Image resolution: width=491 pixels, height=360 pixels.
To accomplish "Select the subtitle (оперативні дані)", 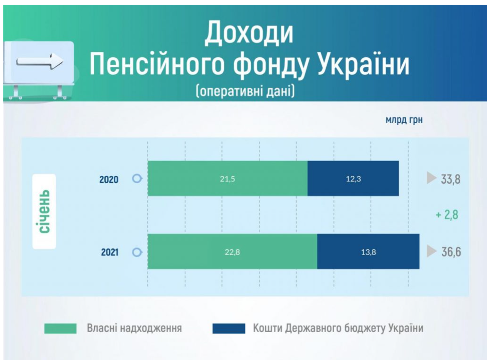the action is click(245, 92).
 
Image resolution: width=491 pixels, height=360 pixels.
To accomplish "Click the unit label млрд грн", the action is click(404, 120).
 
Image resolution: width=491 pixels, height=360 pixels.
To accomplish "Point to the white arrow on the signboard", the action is click(40, 61).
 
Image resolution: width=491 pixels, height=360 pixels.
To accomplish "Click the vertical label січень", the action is click(44, 212).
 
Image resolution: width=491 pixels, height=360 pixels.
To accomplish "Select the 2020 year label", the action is click(109, 180).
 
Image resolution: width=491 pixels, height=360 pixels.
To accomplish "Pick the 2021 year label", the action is click(110, 252).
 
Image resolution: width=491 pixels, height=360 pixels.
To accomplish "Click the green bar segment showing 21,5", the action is click(228, 178).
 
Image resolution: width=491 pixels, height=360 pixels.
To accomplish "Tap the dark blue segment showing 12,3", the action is click(353, 178).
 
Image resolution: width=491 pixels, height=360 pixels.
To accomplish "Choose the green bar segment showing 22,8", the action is click(232, 251).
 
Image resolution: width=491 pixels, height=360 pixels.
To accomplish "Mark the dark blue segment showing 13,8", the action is click(368, 251).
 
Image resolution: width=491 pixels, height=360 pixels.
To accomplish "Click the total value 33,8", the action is click(450, 179).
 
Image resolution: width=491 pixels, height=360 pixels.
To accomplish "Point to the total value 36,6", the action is click(451, 252).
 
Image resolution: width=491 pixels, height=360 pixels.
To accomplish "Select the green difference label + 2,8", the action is click(447, 215).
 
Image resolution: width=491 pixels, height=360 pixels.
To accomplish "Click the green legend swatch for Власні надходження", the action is click(60, 329).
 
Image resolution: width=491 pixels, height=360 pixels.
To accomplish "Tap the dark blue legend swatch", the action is click(229, 329).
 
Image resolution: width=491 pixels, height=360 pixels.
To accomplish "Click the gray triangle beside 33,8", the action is click(431, 178).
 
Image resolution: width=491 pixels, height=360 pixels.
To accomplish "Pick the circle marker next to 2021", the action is click(137, 252).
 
